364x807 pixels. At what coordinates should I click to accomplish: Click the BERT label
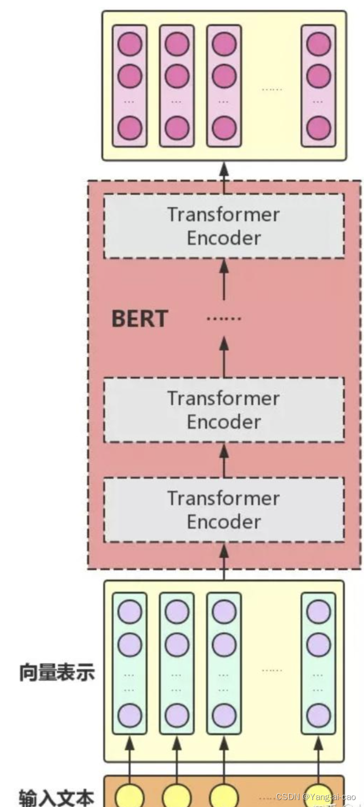139,319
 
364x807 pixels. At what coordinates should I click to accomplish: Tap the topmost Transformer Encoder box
224,226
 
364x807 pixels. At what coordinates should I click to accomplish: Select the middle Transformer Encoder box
224,410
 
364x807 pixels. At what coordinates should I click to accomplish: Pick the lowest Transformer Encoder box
224,509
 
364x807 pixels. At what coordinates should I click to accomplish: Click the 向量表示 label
57,672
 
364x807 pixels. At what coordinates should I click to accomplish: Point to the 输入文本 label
57,797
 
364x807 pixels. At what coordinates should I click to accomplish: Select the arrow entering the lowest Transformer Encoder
224,562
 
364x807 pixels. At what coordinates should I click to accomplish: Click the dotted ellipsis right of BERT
224,319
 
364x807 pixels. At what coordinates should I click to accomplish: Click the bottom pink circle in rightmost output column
319,128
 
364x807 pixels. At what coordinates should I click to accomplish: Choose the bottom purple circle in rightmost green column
319,715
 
